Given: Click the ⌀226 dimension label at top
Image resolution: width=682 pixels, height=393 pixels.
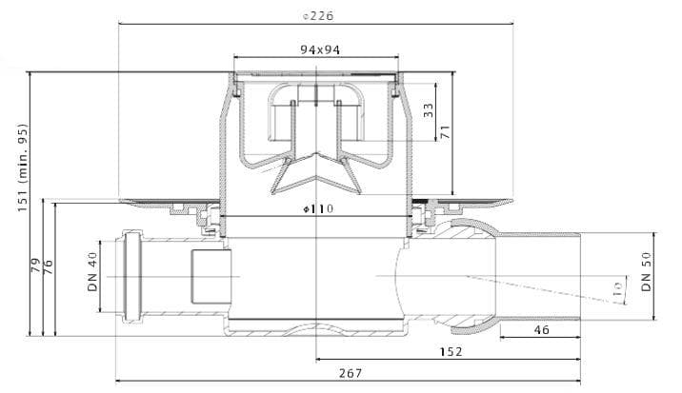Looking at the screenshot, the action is click(318, 16).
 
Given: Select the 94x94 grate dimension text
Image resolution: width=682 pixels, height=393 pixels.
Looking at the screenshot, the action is click(320, 50).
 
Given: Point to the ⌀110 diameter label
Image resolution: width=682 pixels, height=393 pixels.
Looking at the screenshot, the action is click(318, 209).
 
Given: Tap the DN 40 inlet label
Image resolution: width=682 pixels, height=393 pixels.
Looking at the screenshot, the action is click(93, 272).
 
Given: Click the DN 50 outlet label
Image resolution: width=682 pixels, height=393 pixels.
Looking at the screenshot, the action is click(647, 272).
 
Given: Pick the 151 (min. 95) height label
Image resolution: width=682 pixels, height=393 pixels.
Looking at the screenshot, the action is click(22, 168).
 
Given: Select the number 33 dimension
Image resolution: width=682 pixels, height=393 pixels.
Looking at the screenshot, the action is click(429, 110).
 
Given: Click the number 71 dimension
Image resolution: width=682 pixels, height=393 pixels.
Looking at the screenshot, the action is click(445, 132).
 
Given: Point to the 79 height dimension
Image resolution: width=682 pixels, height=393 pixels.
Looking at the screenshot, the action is click(36, 265).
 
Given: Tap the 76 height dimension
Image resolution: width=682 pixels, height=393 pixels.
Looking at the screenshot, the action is click(49, 266).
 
